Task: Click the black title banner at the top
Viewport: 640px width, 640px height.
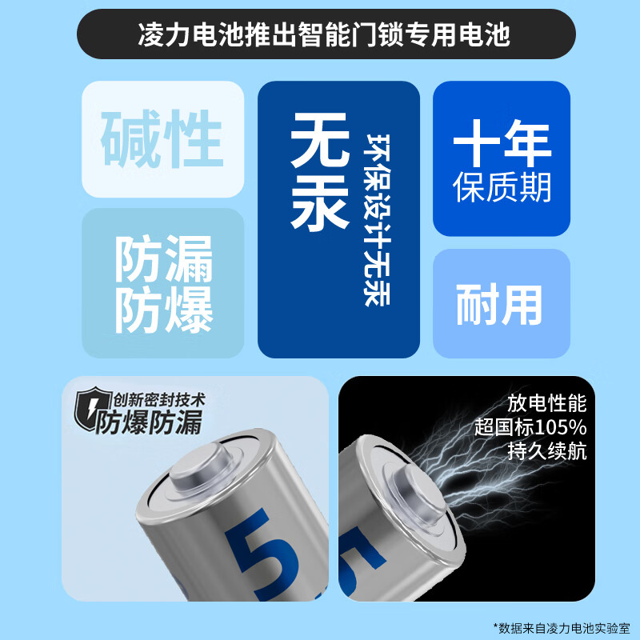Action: pos(320,36)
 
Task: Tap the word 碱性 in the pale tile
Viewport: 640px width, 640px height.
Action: pos(162,141)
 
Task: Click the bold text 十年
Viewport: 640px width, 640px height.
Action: pos(502,144)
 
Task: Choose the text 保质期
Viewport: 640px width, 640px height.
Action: pos(502,187)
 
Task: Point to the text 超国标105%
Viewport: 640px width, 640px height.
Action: pos(540,426)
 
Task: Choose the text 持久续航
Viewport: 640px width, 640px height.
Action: pos(547,450)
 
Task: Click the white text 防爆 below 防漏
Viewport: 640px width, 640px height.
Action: pos(163,309)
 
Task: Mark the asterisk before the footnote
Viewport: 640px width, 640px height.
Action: pos(498,626)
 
